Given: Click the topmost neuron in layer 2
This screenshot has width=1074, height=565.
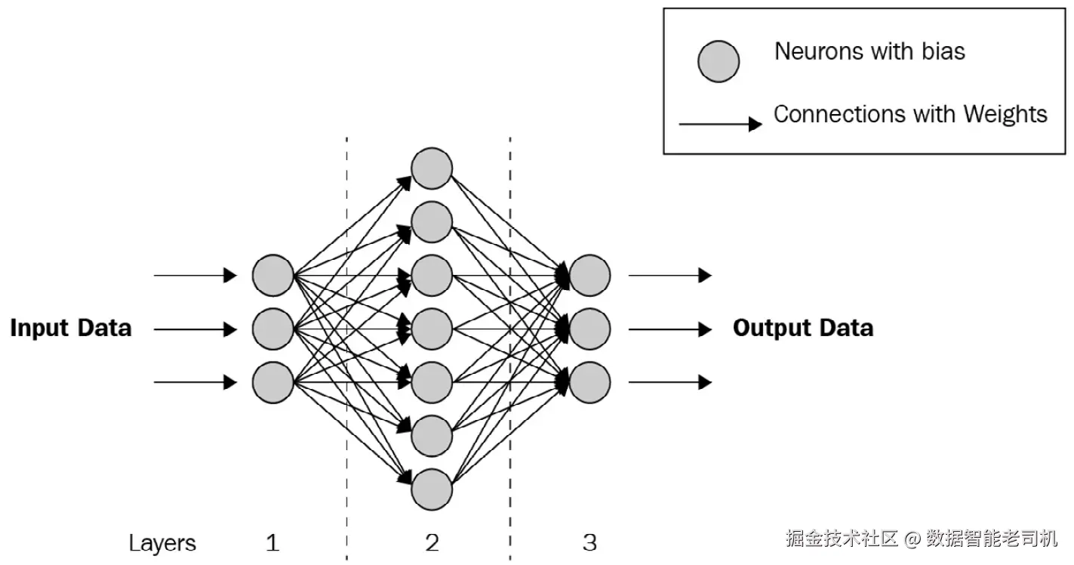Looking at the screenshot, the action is [432, 168].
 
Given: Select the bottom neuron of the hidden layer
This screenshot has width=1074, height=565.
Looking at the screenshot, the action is [432, 489].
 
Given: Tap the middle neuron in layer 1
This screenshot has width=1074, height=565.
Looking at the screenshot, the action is [272, 329].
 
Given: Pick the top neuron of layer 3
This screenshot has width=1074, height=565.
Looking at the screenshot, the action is [589, 275].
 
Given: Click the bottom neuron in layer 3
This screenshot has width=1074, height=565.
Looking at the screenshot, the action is [589, 383].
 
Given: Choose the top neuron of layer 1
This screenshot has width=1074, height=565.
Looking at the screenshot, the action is [272, 275].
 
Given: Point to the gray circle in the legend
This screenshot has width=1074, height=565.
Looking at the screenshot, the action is [719, 61].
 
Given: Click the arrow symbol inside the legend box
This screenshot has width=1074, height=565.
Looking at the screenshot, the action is [720, 124].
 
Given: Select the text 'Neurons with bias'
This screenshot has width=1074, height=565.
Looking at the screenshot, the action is [869, 51].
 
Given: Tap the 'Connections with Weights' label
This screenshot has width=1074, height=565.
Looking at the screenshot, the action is [910, 115].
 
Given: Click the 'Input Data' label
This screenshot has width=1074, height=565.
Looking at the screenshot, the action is [71, 329].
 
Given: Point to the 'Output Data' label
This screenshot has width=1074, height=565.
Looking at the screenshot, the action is [803, 329].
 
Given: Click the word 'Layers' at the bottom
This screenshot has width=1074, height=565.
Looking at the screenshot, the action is [162, 543].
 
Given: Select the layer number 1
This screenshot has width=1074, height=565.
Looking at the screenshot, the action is [272, 543].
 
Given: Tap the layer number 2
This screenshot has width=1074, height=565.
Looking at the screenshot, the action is [432, 543].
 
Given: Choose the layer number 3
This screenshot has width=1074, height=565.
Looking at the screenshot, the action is [589, 543].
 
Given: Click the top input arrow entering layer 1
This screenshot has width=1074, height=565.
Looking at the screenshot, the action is [195, 275].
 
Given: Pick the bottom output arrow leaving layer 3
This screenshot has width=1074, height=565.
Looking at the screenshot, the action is [669, 382].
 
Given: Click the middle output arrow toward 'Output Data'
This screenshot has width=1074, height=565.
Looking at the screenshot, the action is [669, 329].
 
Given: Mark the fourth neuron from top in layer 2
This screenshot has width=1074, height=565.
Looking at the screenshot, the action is [432, 329].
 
